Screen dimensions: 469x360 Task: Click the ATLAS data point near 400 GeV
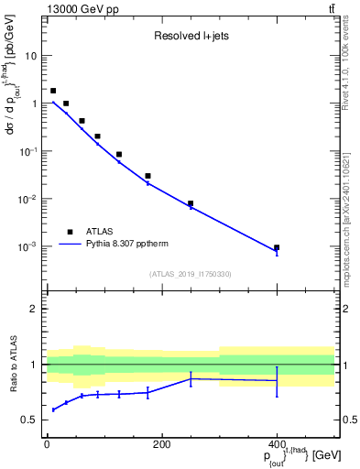pos(277,247)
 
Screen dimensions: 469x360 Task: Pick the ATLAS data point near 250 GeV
pos(191,203)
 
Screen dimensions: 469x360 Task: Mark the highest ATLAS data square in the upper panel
pos(53,91)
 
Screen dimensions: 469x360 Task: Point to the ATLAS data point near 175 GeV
pos(147,176)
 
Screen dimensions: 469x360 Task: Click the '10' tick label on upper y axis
pos(31,56)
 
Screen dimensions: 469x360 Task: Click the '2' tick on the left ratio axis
pos(35,309)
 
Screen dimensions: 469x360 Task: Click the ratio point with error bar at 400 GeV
pos(277,380)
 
